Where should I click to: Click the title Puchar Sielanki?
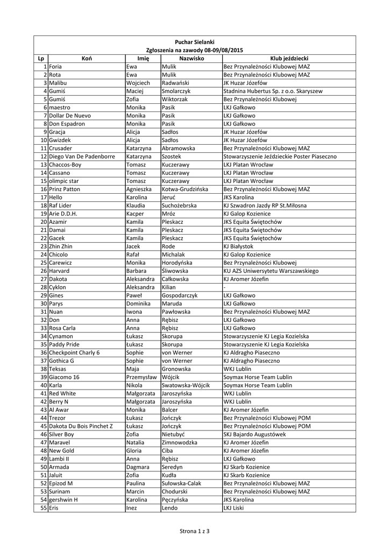(195, 42)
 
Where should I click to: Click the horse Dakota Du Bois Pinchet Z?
(81, 426)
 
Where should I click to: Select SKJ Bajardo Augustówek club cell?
(254, 434)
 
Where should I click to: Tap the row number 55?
(44, 508)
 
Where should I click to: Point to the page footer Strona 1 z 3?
(195, 532)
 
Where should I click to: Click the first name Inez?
(132, 508)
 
